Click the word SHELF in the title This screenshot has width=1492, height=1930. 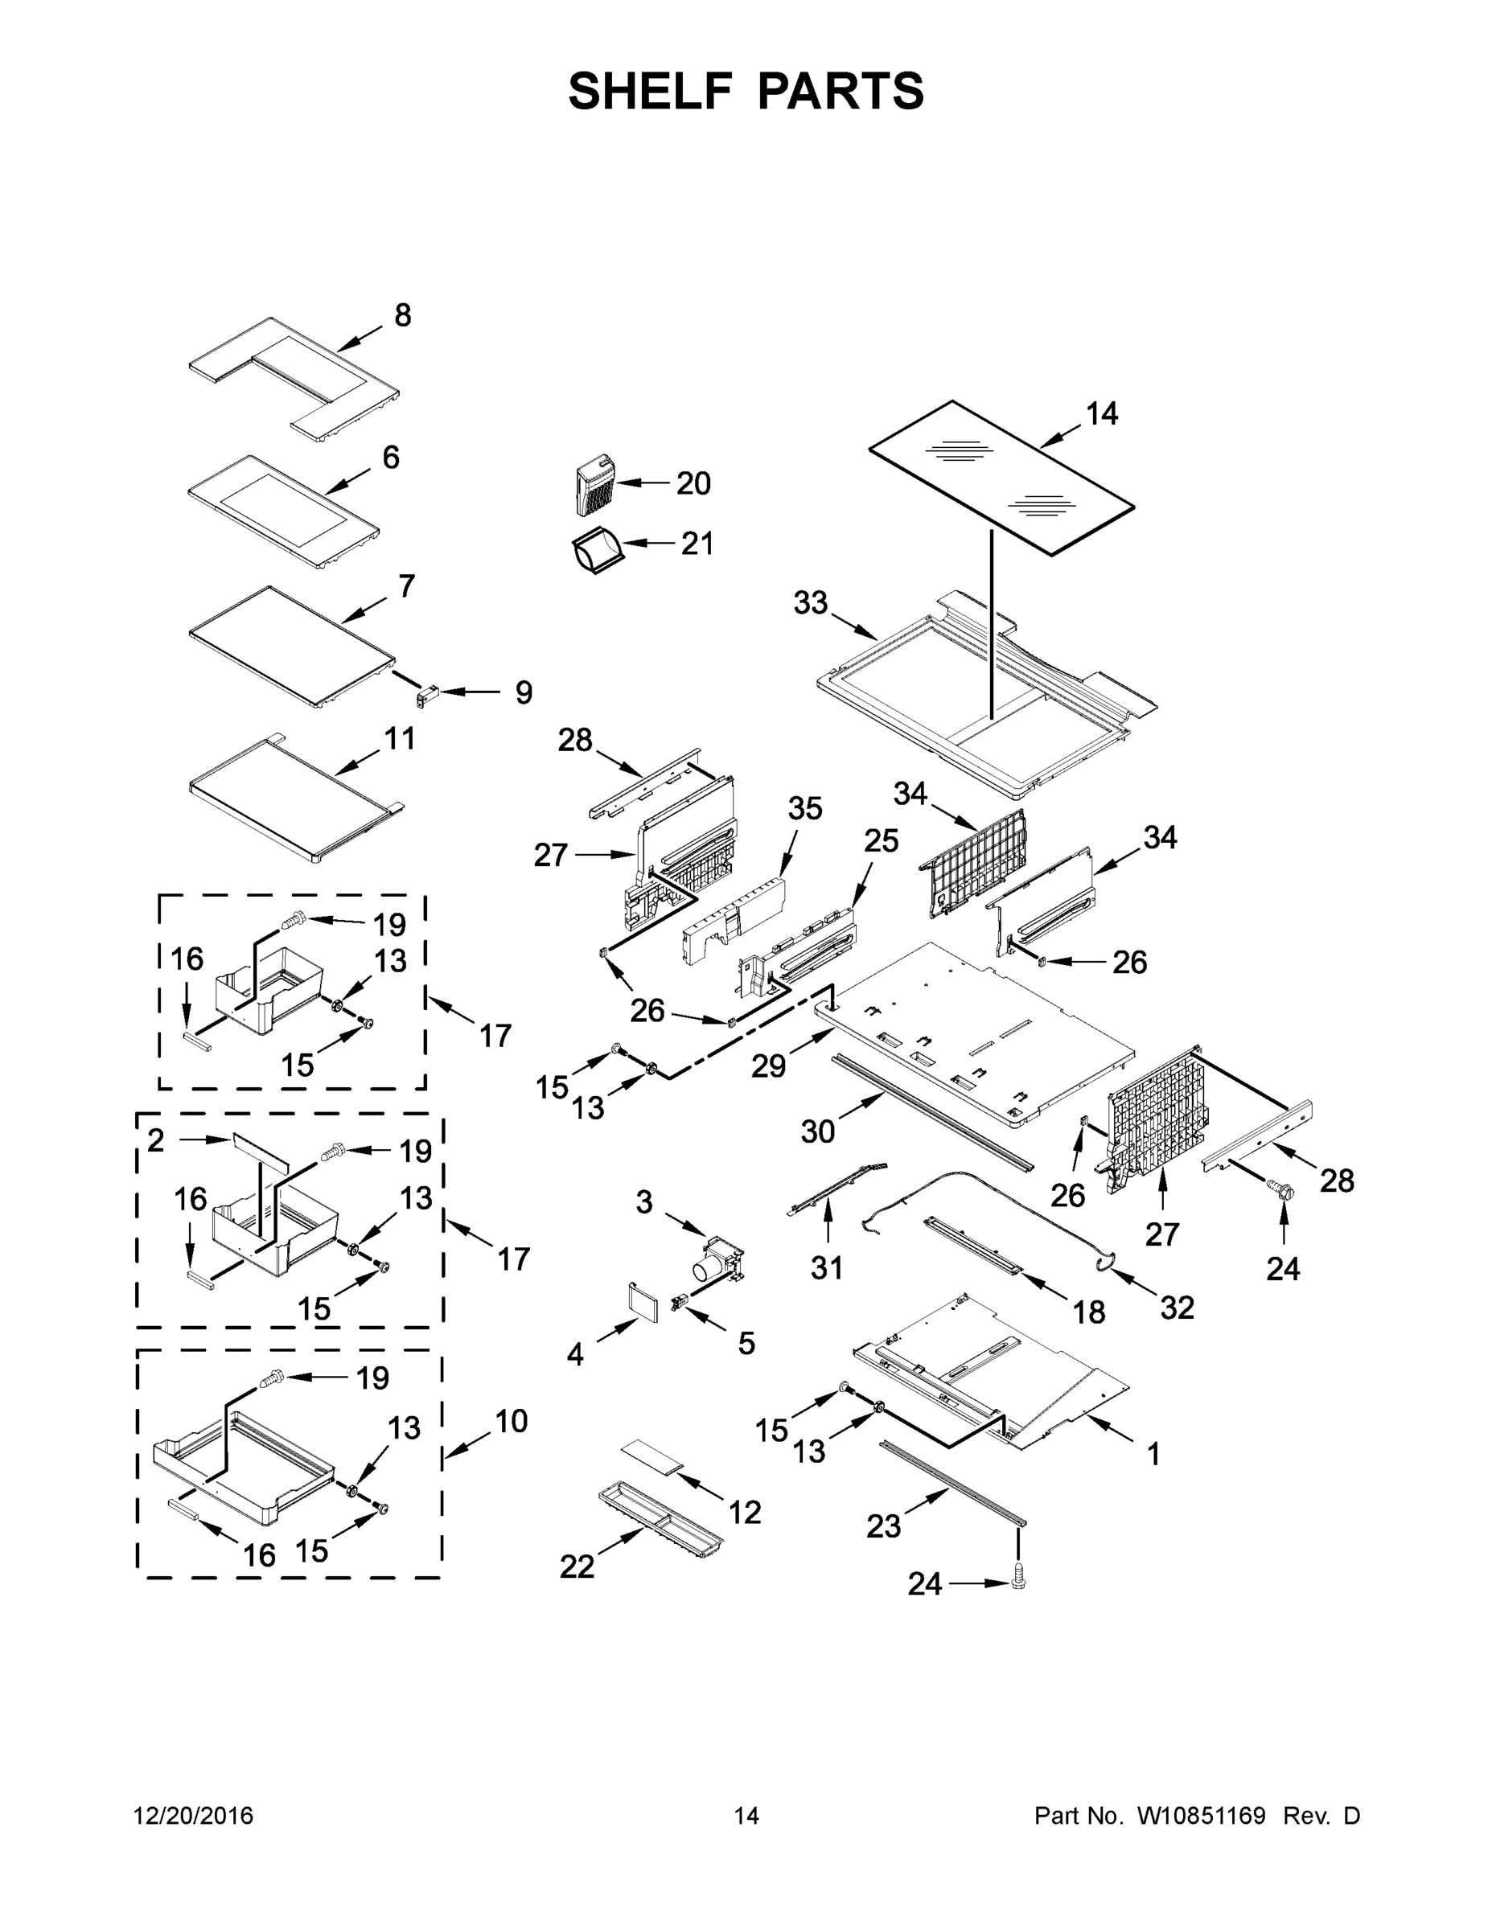pyautogui.click(x=651, y=91)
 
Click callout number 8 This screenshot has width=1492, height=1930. pyautogui.click(x=402, y=315)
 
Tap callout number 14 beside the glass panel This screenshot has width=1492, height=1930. pyautogui.click(x=1101, y=413)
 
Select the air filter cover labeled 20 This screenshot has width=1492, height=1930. pyautogui.click(x=591, y=486)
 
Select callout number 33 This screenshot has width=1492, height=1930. pyautogui.click(x=810, y=604)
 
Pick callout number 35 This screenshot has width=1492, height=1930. pyautogui.click(x=804, y=808)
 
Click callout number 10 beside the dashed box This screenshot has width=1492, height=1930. pyautogui.click(x=511, y=1421)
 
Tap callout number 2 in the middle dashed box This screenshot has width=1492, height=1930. pyautogui.click(x=155, y=1141)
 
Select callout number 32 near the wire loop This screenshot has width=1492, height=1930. pyautogui.click(x=1177, y=1307)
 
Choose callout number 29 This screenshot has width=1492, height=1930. pyautogui.click(x=768, y=1066)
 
